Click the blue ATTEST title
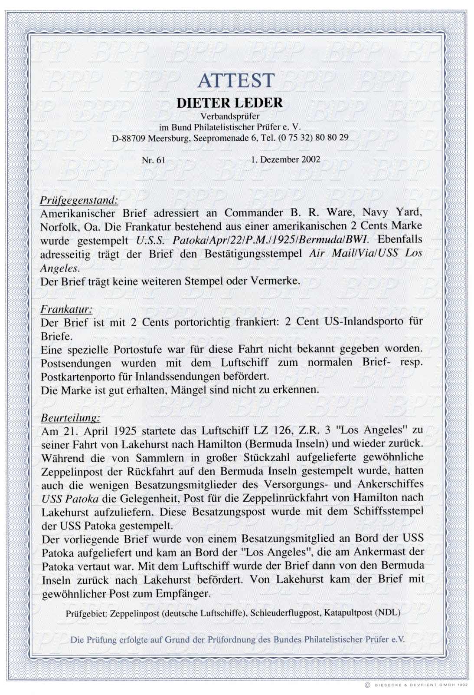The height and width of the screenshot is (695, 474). pyautogui.click(x=236, y=81)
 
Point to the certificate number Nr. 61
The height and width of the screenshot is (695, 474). pyautogui.click(x=154, y=160)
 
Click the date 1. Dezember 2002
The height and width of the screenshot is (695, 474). pyautogui.click(x=285, y=159)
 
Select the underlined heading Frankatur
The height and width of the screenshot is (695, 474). pyautogui.click(x=66, y=309)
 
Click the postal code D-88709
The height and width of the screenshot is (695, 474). pyautogui.click(x=129, y=138)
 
